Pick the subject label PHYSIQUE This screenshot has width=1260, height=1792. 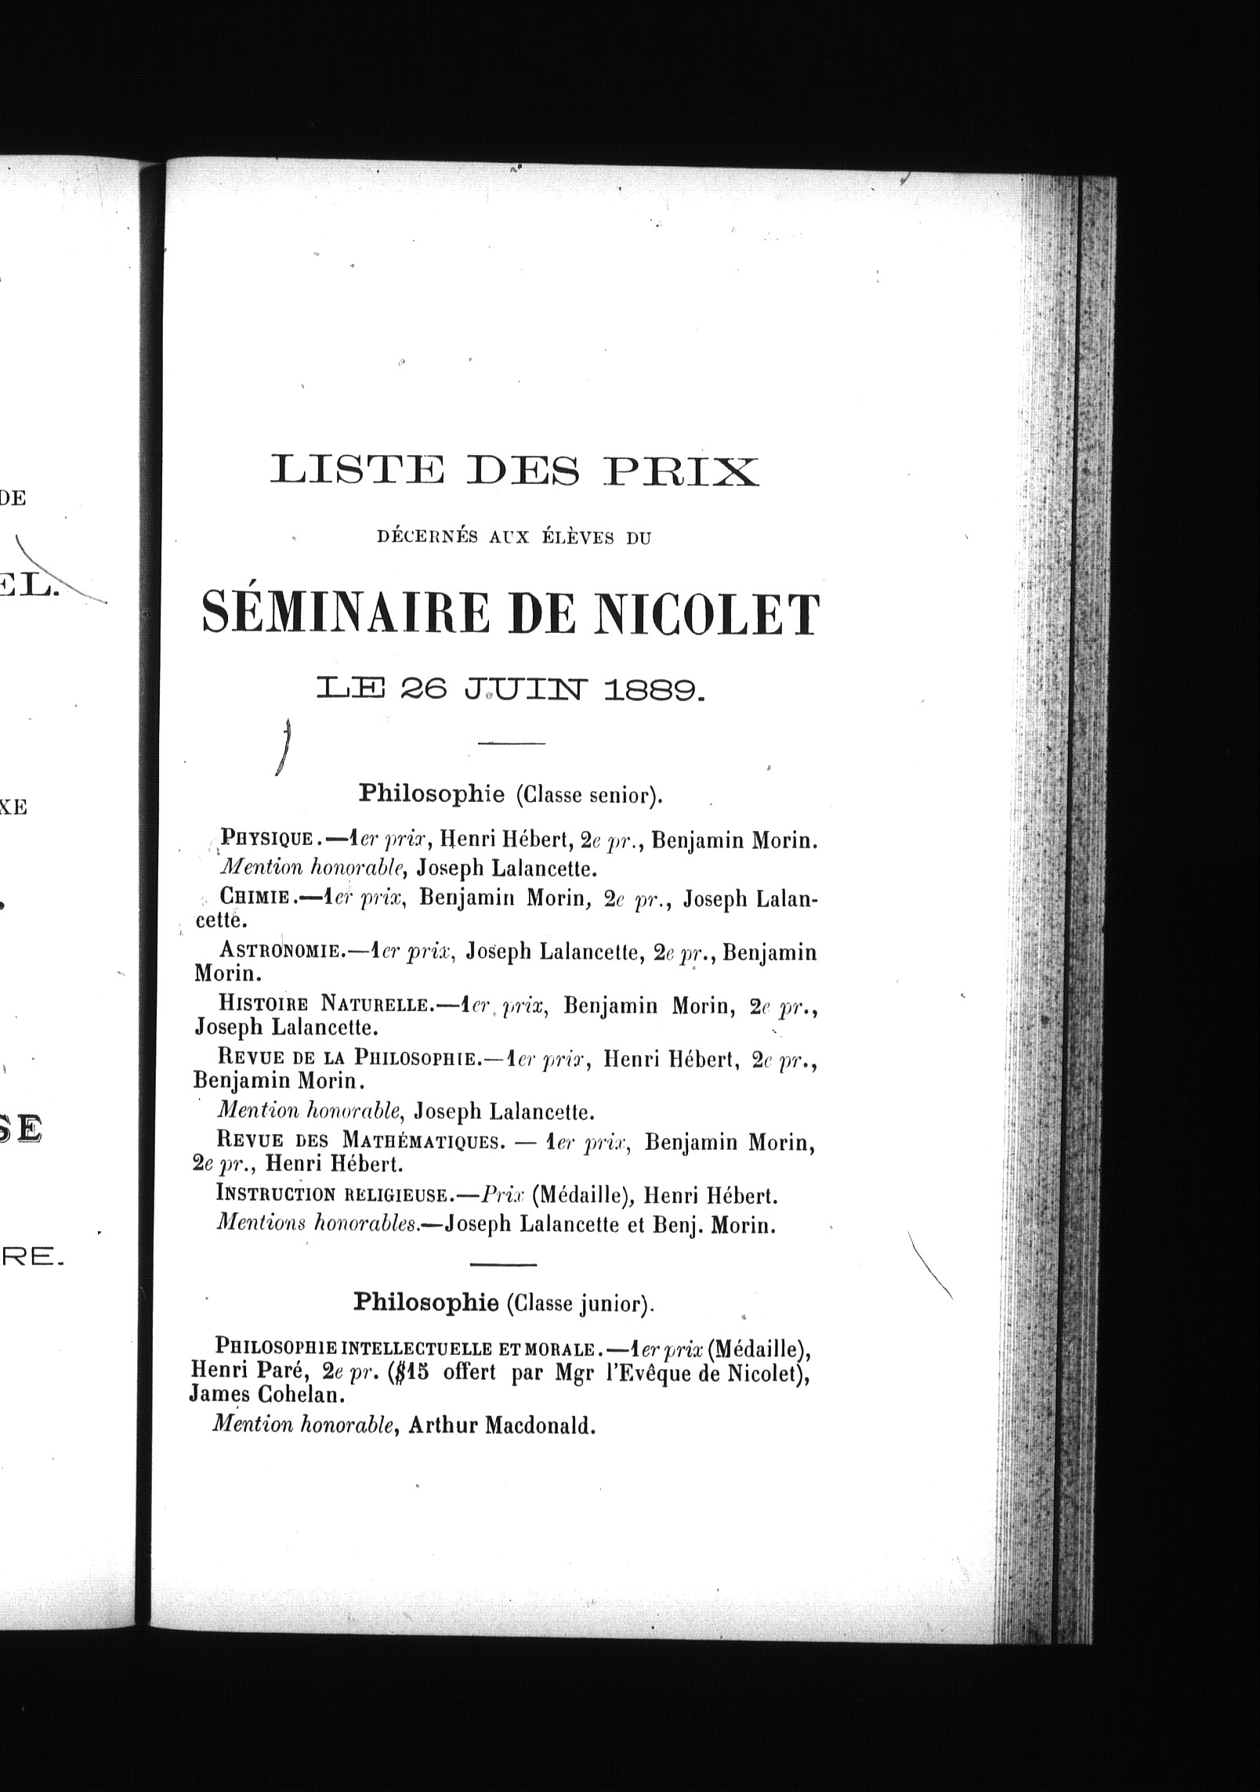(x=267, y=840)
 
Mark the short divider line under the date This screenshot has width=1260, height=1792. (x=510, y=742)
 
